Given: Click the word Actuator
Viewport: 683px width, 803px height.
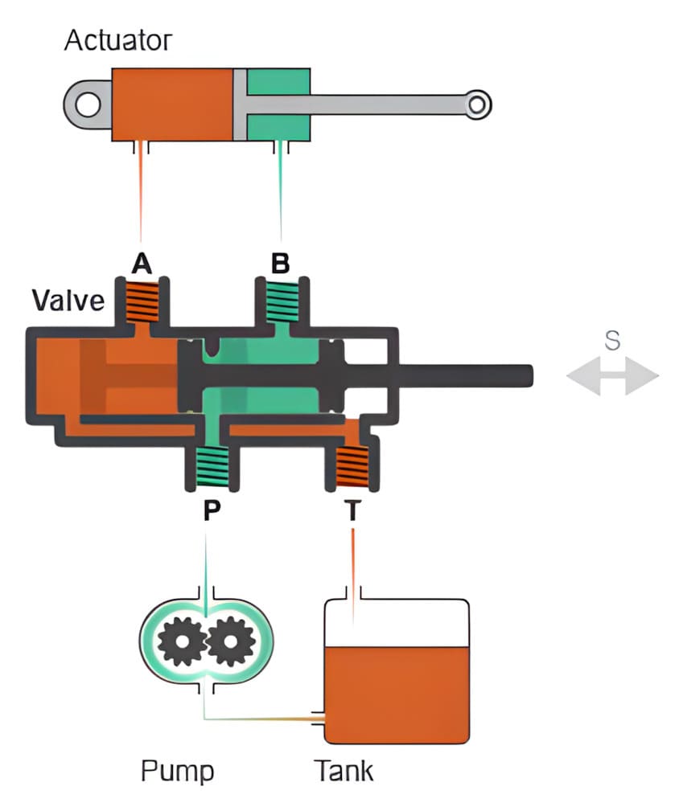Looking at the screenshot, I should [118, 40].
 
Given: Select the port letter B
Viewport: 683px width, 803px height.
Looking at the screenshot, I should [281, 264].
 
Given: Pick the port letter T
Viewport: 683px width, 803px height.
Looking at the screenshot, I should [352, 512].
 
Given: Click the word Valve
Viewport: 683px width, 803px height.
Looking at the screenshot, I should [68, 301].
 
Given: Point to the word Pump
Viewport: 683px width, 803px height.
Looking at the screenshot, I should [178, 771].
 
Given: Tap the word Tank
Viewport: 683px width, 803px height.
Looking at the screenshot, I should [344, 771].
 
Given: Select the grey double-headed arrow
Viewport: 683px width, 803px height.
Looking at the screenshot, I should [612, 376].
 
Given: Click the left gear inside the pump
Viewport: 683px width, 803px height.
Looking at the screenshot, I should [182, 641].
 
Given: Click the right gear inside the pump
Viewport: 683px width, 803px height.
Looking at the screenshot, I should [231, 641].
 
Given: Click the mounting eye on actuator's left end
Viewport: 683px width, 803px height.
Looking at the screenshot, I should [88, 104].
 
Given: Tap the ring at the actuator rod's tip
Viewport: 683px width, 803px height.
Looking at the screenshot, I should [477, 104].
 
